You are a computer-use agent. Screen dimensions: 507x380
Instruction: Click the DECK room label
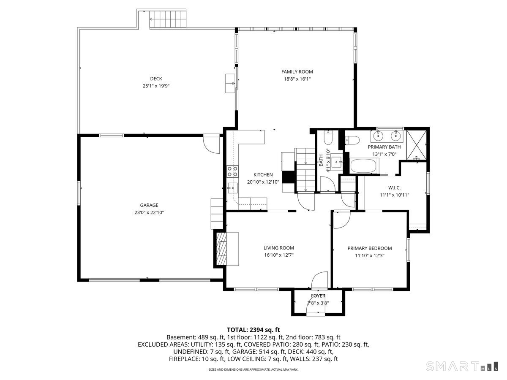[x=156, y=79]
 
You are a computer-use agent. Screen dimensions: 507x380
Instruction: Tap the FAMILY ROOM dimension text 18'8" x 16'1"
[x=297, y=79]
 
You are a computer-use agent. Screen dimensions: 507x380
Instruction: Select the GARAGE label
[x=149, y=205]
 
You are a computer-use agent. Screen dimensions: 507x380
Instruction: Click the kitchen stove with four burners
[x=232, y=171]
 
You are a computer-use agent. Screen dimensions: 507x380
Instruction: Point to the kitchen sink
[x=233, y=188]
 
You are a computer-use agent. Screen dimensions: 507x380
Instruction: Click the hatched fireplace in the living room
[x=221, y=249]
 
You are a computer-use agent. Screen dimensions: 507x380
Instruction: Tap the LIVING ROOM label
[x=279, y=248]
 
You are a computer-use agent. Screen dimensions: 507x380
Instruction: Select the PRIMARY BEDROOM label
[x=370, y=248]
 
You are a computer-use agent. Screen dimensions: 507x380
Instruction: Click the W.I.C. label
[x=394, y=188]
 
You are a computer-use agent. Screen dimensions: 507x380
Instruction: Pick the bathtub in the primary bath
[x=363, y=166]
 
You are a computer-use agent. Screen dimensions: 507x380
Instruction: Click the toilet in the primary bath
[x=352, y=140]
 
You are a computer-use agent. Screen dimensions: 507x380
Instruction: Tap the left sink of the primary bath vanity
[x=378, y=136]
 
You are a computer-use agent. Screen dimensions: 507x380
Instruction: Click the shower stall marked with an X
[x=417, y=145]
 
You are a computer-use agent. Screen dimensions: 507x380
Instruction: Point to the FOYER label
[x=318, y=296]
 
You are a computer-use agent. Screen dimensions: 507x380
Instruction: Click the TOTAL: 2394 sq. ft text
[x=253, y=330]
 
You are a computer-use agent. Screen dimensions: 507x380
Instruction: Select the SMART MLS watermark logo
[x=462, y=366]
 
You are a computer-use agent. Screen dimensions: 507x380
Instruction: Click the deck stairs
[x=168, y=19]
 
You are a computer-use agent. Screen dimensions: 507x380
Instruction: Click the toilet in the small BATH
[x=328, y=138]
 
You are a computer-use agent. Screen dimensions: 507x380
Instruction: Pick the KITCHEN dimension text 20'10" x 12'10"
[x=263, y=182]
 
